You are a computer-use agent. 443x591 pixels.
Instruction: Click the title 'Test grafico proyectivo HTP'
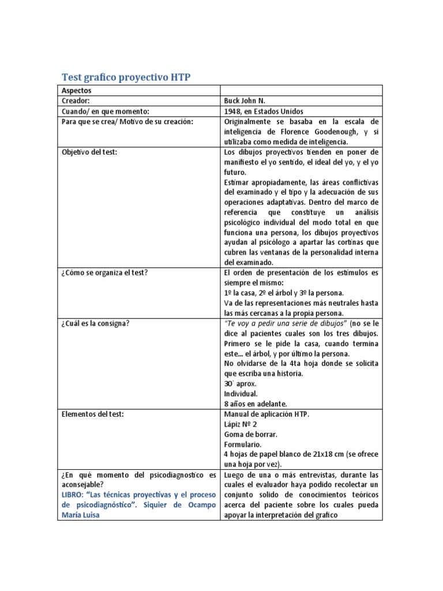pyautogui.click(x=126, y=77)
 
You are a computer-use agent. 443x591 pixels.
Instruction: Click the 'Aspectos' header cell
pyautogui.click(x=77, y=90)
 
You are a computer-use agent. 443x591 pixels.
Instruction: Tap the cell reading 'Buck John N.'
pyautogui.click(x=245, y=100)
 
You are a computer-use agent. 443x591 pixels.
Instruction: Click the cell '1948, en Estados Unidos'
pyautogui.click(x=263, y=111)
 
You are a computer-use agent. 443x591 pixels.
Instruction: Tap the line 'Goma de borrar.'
pyautogui.click(x=250, y=435)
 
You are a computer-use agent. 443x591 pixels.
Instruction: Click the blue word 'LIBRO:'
pyautogui.click(x=75, y=495)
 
